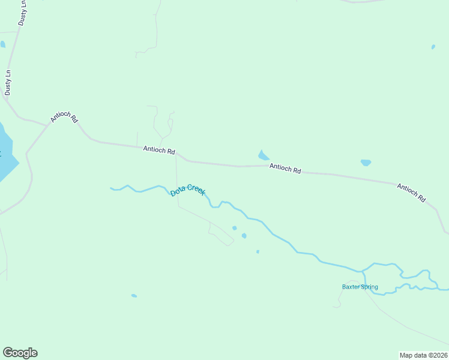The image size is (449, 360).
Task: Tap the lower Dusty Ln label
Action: pyautogui.click(x=8, y=83)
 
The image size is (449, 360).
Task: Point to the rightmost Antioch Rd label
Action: pyautogui.click(x=411, y=193)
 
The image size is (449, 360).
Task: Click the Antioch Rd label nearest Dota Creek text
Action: pyautogui.click(x=159, y=150)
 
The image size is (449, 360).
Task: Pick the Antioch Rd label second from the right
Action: pyautogui.click(x=285, y=169)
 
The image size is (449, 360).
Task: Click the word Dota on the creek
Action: pyautogui.click(x=178, y=192)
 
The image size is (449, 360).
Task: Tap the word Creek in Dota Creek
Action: pyautogui.click(x=196, y=189)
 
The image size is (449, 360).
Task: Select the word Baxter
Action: pyautogui.click(x=351, y=287)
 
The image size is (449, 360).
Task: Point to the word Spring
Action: pyautogui.click(x=369, y=287)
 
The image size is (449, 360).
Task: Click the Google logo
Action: pyautogui.click(x=20, y=353)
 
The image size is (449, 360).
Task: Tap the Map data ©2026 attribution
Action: pyautogui.click(x=423, y=355)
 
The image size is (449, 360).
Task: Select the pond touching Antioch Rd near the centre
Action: pyautogui.click(x=263, y=155)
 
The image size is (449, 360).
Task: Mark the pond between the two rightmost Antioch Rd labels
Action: pyautogui.click(x=366, y=163)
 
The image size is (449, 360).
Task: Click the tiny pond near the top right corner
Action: pyautogui.click(x=433, y=46)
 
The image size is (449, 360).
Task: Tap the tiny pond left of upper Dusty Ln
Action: pyautogui.click(x=3, y=44)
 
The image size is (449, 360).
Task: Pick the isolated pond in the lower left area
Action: pyautogui.click(x=134, y=295)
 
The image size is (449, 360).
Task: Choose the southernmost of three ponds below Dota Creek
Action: pyautogui.click(x=258, y=251)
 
